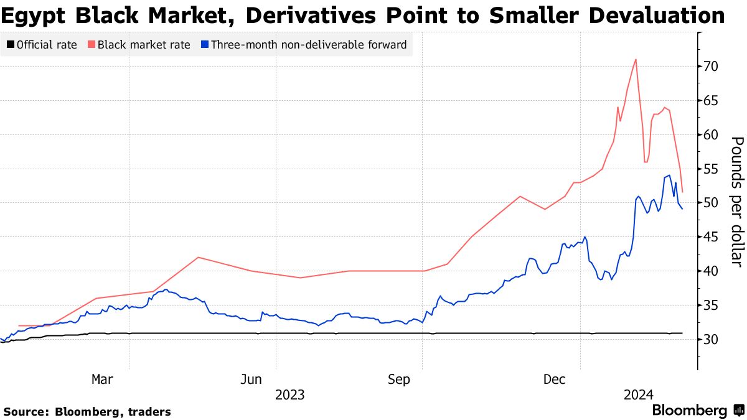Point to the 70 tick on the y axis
point(712,67)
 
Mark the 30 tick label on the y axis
point(712,340)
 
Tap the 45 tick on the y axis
point(712,237)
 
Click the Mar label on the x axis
point(102,379)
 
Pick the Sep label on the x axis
point(399,379)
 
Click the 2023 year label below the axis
point(289,395)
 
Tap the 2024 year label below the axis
point(638,395)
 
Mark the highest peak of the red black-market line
point(636,60)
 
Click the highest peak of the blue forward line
point(669,175)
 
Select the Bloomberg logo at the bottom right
point(689,411)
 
